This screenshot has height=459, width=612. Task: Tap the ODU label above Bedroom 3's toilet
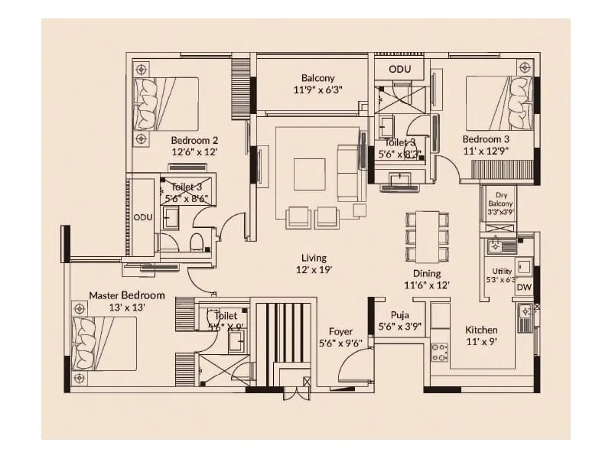(x=399, y=69)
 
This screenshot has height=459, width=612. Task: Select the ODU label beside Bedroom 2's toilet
(x=143, y=217)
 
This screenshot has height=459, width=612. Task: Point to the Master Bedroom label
(x=126, y=295)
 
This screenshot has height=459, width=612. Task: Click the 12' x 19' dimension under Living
(x=314, y=269)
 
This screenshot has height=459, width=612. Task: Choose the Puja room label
(x=399, y=314)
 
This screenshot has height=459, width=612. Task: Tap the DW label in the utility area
(x=524, y=288)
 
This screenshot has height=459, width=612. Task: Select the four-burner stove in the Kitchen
(x=440, y=352)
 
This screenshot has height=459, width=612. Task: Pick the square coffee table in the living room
(x=310, y=174)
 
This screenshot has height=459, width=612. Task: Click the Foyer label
(x=340, y=331)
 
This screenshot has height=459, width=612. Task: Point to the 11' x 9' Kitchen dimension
(x=482, y=343)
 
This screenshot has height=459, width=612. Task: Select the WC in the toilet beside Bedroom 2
(x=197, y=243)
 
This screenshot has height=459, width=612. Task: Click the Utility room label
(x=502, y=272)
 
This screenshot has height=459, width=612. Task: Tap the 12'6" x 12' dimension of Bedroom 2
(x=194, y=152)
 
